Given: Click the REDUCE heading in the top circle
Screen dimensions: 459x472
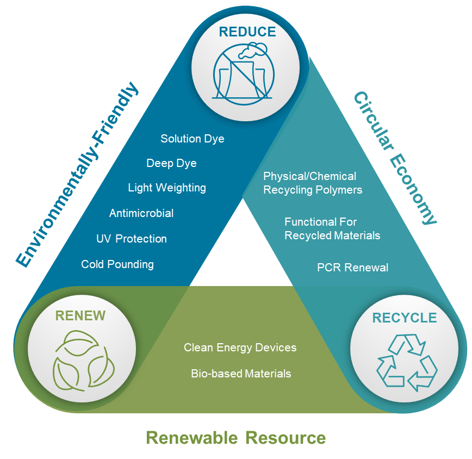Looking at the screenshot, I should (x=247, y=32).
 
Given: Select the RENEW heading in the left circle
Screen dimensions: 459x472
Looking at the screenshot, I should (x=80, y=316).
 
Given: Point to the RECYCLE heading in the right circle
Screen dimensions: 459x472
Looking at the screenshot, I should (x=405, y=318).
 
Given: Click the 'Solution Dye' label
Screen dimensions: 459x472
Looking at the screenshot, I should (x=192, y=139).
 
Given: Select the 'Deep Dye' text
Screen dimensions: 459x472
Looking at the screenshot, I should (x=171, y=163).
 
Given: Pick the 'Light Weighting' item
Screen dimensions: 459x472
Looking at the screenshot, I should (x=167, y=188).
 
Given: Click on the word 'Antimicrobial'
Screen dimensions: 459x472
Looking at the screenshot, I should (x=141, y=213).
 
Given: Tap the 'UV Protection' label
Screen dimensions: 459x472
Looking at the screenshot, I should (x=132, y=239).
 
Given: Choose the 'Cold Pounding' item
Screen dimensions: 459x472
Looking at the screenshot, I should (x=117, y=264).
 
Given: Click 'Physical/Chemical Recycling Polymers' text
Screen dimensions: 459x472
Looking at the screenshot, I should (x=312, y=183).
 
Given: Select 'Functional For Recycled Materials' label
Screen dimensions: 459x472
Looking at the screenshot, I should (x=332, y=228).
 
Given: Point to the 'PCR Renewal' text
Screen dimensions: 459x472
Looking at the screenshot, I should (x=352, y=268).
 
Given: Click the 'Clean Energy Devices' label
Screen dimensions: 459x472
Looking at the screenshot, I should (x=240, y=348).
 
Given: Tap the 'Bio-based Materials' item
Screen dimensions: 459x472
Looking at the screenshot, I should (x=241, y=374).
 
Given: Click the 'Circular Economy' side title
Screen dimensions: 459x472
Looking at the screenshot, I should (x=395, y=158).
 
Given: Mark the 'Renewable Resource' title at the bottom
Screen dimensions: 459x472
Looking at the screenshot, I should (x=236, y=437).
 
